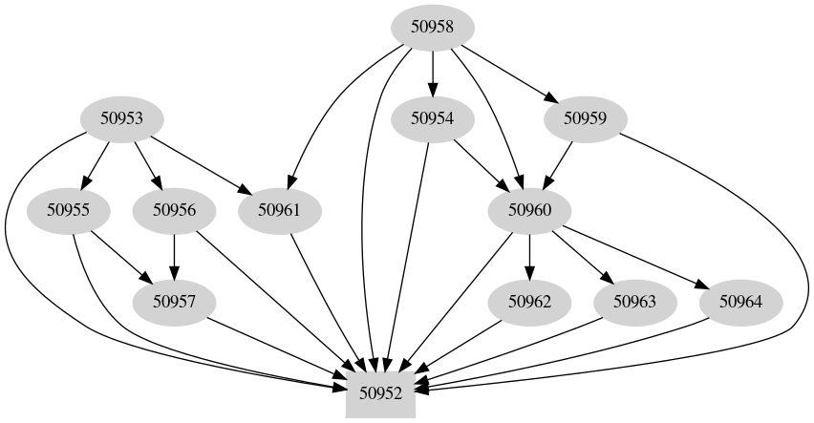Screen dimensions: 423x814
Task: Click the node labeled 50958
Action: coord(433,27)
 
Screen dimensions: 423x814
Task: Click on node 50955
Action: coord(68,210)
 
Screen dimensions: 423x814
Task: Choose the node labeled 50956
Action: coord(174,210)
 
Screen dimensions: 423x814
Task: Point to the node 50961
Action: coord(279,210)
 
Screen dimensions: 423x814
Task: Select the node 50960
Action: coord(529,210)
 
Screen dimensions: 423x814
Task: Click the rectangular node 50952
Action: coord(380,392)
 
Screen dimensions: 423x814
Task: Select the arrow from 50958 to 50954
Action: coord(433,73)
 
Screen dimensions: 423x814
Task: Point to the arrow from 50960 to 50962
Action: coord(529,256)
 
